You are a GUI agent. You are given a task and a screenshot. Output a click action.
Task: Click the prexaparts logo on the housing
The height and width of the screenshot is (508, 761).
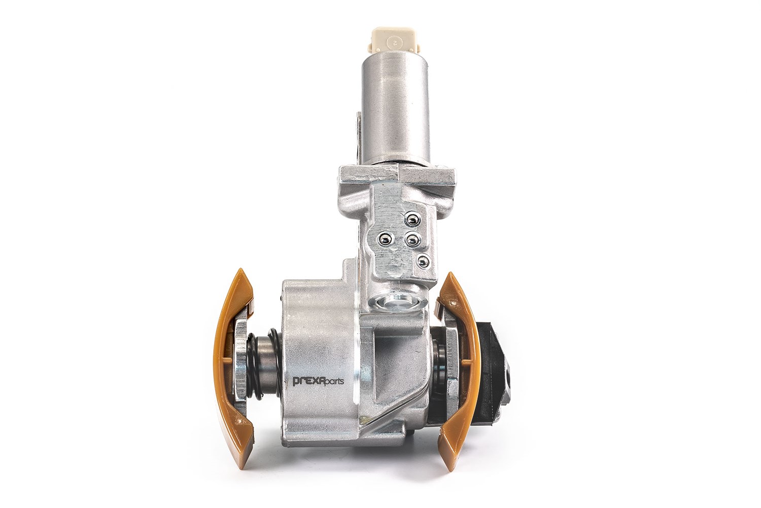point(318,380)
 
